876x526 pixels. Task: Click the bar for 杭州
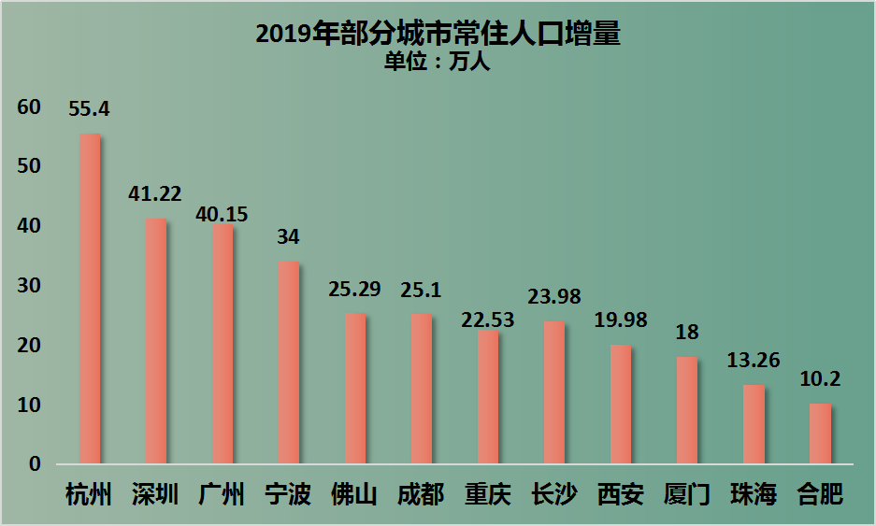90,299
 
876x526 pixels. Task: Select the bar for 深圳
156,341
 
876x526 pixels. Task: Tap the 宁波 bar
289,363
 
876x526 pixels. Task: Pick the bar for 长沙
554,392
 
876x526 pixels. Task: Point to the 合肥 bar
820,434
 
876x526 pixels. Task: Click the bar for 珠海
754,424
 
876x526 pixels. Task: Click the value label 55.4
90,109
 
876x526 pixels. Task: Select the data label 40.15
222,214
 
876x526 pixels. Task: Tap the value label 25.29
354,289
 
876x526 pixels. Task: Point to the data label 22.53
487,320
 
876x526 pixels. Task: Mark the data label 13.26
754,361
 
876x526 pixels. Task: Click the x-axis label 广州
222,494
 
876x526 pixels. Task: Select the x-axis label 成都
421,494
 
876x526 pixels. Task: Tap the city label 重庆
488,494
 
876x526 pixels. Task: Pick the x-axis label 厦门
686,494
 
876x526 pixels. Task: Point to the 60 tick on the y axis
29,107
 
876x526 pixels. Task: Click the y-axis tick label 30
29,286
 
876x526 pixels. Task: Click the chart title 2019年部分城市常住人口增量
438,35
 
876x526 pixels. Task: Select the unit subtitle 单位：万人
438,64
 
